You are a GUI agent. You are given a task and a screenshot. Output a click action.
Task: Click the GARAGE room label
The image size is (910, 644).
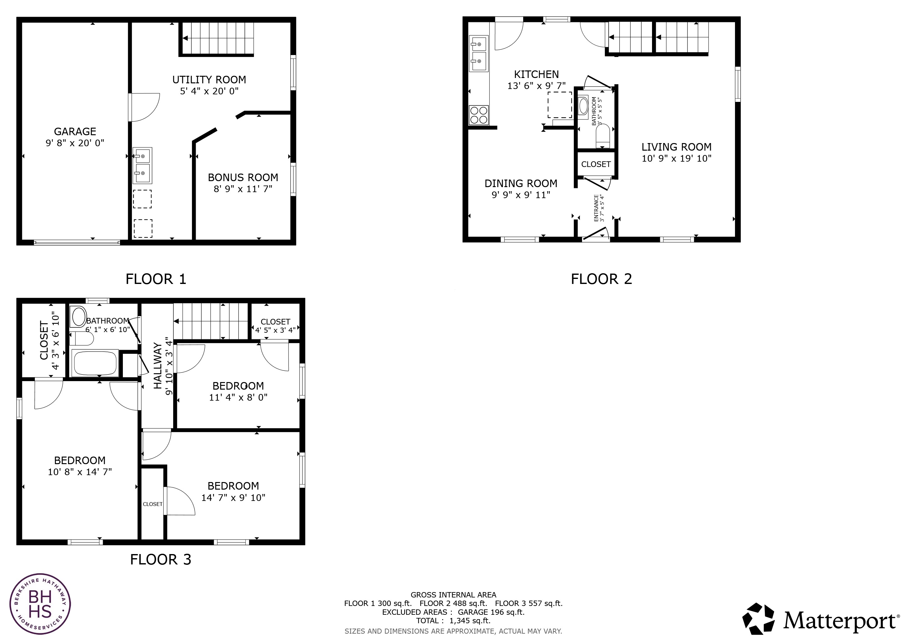click(75, 131)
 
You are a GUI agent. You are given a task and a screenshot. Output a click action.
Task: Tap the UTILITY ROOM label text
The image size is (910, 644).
click(209, 80)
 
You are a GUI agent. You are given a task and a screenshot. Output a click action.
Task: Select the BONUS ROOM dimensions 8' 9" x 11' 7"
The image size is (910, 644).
click(243, 189)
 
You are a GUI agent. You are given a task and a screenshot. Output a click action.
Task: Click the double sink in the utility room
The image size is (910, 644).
click(142, 165)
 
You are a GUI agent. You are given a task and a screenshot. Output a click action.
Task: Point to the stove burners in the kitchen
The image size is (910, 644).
click(478, 115)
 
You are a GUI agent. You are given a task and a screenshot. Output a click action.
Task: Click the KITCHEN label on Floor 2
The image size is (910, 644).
click(536, 74)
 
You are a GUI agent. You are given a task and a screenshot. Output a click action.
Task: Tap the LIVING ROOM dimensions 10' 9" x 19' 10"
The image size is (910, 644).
click(676, 158)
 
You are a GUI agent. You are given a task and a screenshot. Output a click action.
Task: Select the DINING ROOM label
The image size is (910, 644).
click(521, 183)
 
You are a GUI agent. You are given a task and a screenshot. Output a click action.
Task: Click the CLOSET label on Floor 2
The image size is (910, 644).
click(596, 164)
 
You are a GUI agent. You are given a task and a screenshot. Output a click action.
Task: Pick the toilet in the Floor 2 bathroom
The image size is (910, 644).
click(602, 136)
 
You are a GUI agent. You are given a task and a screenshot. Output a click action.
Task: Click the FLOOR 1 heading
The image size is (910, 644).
click(156, 279)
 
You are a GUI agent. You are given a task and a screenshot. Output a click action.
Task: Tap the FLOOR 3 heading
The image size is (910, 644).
click(161, 559)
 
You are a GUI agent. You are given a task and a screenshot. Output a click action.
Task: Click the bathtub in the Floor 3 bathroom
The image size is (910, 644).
click(95, 363)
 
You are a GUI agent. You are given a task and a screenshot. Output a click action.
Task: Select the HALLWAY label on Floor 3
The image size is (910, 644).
click(158, 366)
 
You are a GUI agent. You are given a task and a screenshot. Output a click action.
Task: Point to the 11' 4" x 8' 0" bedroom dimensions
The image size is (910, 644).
click(238, 397)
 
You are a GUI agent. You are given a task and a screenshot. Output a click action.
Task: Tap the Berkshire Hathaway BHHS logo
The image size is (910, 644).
click(40, 604)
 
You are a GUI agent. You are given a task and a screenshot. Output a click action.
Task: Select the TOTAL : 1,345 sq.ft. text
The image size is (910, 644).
click(453, 621)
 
